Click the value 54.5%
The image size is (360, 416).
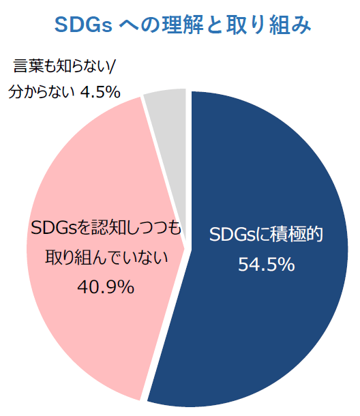click(266, 264)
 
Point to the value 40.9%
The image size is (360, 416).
click(106, 286)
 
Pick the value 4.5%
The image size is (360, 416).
click(100, 92)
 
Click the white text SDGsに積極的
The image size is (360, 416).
click(266, 235)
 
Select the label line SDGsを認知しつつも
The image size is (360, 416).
click(106, 227)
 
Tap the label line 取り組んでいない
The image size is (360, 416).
click(106, 257)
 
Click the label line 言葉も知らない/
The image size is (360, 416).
click(63, 65)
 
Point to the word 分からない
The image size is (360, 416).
click(41, 92)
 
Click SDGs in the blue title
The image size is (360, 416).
click(83, 25)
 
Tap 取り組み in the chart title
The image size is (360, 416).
click(268, 25)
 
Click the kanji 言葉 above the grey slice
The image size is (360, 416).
click(28, 65)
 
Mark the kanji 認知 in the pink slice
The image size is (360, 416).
click(108, 227)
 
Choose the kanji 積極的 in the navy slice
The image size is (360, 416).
click(296, 235)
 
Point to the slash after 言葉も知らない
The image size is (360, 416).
click(111, 65)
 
